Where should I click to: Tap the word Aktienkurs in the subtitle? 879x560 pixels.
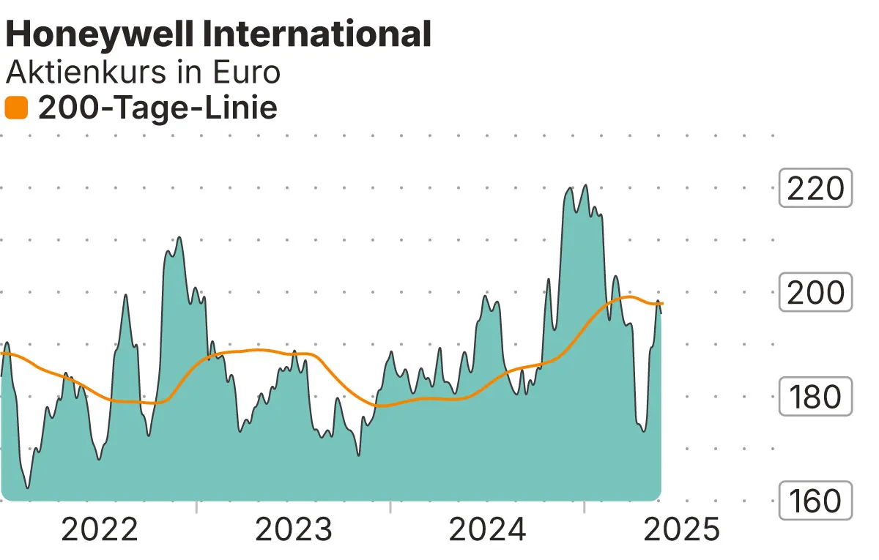coord(94,72)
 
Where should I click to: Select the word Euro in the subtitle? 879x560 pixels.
coord(246,72)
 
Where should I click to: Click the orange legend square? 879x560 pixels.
coord(16,108)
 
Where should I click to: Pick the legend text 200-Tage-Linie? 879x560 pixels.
coord(157,108)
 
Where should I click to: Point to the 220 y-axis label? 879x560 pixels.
coord(815,189)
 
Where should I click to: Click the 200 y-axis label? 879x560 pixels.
coord(815,293)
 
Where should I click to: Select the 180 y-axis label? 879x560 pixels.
coord(815,397)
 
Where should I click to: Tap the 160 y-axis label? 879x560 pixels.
coord(815,501)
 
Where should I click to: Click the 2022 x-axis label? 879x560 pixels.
coord(100,529)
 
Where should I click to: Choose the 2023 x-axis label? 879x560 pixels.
coord(293,529)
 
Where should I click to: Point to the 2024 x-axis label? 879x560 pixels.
coord(487,529)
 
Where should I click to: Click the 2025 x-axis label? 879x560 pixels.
coord(681,529)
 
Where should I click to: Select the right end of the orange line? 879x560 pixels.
coord(662,303)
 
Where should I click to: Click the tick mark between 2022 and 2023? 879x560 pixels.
coord(197,507)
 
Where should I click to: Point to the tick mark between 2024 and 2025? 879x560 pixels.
coord(585,507)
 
